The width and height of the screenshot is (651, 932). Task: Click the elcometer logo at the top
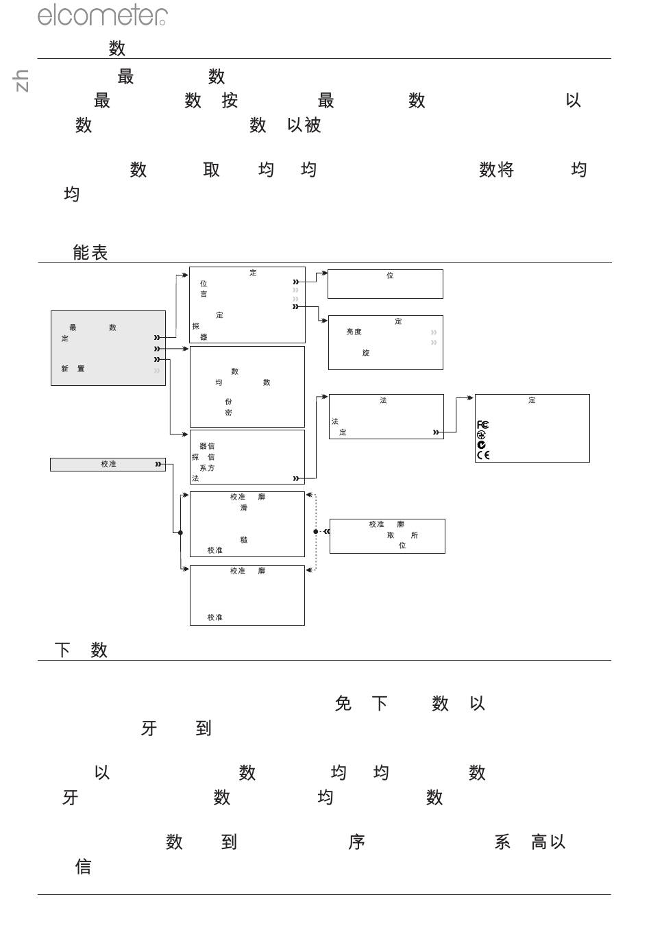tap(102, 14)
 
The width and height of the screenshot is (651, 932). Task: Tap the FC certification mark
tap(483, 425)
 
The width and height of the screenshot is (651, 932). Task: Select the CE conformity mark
tap(483, 455)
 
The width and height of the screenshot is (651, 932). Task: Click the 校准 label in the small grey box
tap(108, 465)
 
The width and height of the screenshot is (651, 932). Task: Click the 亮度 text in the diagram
tap(354, 332)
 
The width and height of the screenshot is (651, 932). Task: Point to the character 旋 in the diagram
tap(366, 353)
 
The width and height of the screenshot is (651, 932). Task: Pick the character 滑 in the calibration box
tap(244, 508)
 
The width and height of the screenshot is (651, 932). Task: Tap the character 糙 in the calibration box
tap(244, 540)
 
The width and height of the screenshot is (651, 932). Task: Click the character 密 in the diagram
tap(228, 413)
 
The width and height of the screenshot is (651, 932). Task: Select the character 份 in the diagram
tap(228, 402)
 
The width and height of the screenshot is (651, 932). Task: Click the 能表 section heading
tap(90, 253)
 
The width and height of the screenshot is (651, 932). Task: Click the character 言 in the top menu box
tap(204, 294)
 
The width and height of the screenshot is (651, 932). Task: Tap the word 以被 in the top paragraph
tap(304, 125)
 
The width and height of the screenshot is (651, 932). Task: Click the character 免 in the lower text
tap(343, 704)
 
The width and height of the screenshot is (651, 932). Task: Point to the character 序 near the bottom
tap(356, 842)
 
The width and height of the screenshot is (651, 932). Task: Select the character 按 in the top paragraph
tap(230, 101)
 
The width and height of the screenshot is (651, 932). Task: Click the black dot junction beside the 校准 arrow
tap(180, 532)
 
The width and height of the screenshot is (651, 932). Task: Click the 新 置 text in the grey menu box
tap(73, 369)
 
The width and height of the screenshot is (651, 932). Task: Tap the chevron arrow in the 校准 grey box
tap(158, 465)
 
